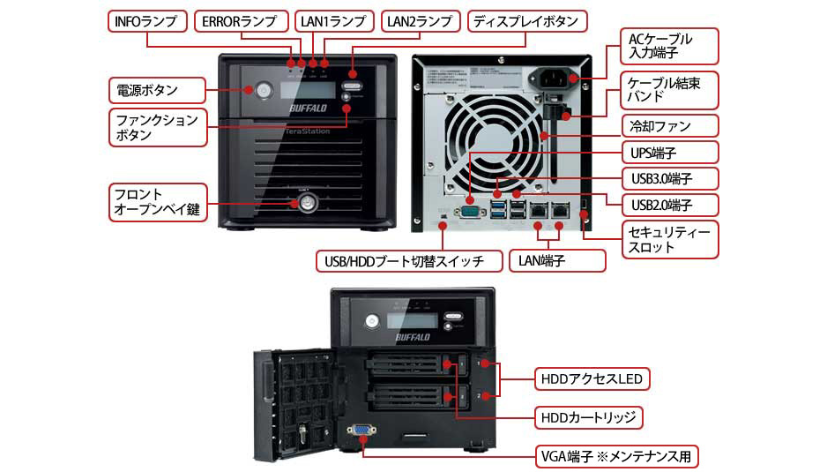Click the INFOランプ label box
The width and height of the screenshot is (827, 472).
click(x=146, y=20)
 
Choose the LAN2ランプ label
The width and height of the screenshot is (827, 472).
click(x=420, y=20)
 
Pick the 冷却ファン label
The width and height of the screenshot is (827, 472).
click(x=668, y=125)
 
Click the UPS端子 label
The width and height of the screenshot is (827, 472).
click(x=668, y=152)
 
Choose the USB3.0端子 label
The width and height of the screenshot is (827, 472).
click(x=668, y=178)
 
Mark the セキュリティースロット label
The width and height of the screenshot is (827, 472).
click(x=668, y=239)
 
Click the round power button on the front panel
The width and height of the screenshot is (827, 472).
click(x=262, y=89)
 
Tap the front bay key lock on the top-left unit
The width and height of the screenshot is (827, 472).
click(x=305, y=202)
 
